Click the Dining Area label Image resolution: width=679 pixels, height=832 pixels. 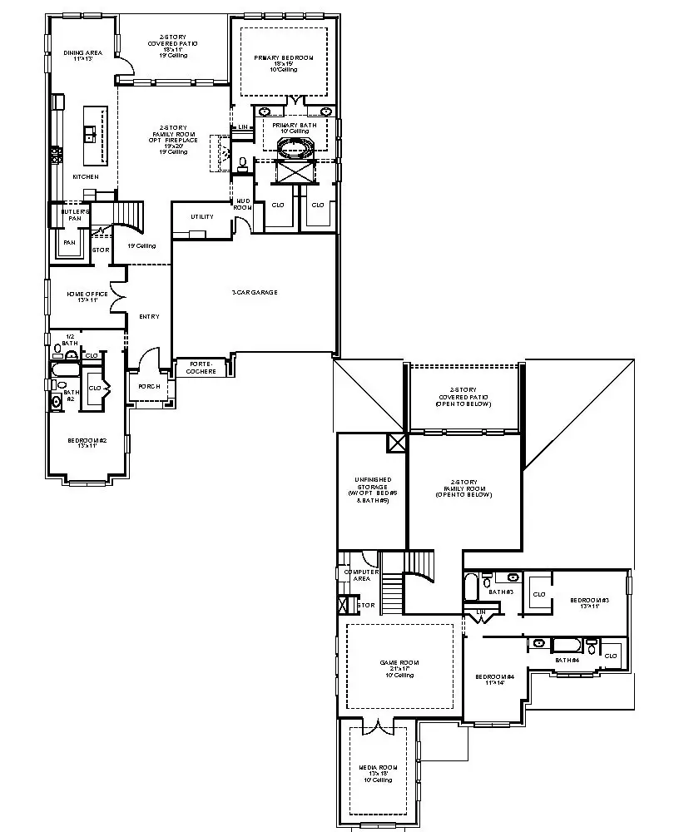[82, 53]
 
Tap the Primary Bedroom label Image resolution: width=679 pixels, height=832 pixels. [285, 57]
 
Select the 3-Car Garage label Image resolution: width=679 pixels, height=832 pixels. [255, 292]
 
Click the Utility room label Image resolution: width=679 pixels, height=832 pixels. [202, 216]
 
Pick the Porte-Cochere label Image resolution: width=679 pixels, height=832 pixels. [202, 367]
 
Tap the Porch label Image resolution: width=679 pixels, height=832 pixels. [149, 386]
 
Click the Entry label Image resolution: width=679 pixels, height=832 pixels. [149, 316]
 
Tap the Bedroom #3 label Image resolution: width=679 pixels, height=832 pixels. [589, 600]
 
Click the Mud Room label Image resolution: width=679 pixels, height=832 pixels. [243, 203]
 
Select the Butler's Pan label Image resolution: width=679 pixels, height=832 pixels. [70, 215]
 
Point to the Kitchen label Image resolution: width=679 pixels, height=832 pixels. [85, 176]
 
